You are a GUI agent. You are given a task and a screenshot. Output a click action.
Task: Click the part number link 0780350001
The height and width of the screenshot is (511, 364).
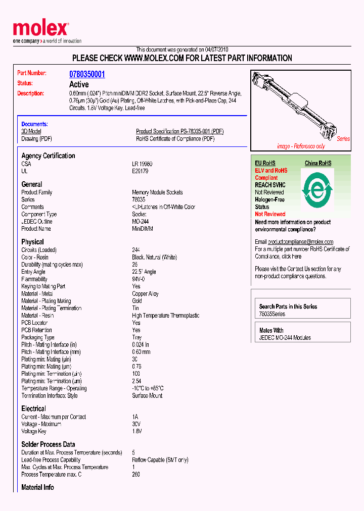coord(87,74)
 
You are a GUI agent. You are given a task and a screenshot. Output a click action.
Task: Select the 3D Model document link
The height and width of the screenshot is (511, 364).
coord(31,131)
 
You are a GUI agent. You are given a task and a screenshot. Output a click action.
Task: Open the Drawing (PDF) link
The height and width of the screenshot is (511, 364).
coord(36,138)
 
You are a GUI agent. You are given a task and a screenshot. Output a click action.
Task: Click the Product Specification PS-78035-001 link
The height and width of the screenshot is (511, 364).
coord(179,131)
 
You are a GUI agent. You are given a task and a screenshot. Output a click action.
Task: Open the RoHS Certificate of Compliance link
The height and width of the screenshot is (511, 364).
coord(175,138)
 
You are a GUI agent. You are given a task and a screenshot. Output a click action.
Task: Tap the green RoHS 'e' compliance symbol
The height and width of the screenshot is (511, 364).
coord(316,190)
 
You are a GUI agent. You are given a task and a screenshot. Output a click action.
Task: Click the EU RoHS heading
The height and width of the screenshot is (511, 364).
coord(265,163)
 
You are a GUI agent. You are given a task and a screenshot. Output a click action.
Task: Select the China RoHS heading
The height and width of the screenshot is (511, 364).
coord(318,163)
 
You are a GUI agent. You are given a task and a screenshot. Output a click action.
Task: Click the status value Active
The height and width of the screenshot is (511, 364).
coord(79,84)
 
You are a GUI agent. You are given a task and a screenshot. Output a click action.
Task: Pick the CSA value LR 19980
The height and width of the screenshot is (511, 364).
coord(142,164)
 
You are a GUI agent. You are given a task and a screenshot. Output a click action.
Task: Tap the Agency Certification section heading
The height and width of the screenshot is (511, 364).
coord(48,156)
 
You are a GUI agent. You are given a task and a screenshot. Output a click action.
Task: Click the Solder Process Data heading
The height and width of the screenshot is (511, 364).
coord(48,444)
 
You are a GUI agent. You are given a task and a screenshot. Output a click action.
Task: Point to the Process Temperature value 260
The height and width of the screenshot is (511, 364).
coord(136,475)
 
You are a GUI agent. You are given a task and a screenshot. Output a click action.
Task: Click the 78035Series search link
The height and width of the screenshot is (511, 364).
coord(272,314)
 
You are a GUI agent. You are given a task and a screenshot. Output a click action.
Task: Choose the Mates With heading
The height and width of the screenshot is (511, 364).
coord(271,330)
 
